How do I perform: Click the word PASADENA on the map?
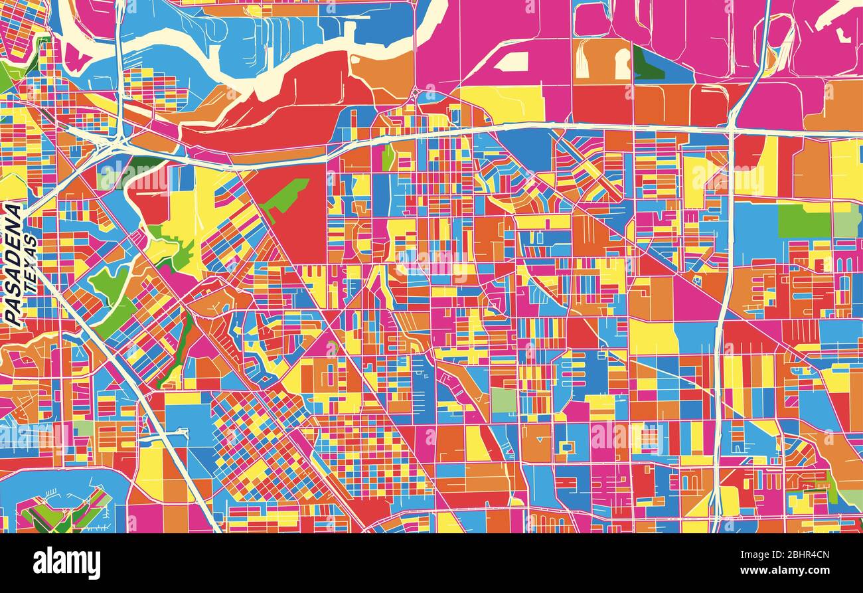(13, 264)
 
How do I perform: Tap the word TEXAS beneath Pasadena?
(29, 264)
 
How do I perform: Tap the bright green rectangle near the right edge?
(803, 221)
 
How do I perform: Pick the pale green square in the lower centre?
(503, 400)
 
